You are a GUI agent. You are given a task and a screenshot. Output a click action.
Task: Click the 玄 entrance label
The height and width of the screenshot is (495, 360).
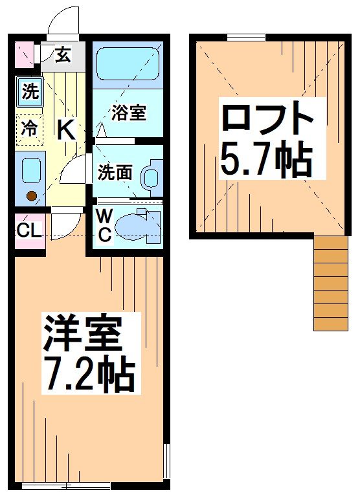tap(62, 55)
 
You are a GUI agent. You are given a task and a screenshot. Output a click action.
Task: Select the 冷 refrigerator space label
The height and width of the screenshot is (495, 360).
tap(30, 128)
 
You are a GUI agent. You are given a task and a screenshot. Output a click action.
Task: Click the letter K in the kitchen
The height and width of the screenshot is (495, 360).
tap(65, 129)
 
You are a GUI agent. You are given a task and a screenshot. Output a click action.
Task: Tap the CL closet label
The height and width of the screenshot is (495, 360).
tap(29, 230)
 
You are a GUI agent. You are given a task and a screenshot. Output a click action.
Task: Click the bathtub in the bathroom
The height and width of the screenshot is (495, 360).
tap(127, 65)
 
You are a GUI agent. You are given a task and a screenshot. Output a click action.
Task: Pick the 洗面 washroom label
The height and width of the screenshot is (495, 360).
tap(115, 172)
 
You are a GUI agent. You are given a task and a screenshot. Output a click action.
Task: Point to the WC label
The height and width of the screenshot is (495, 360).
tap(105, 225)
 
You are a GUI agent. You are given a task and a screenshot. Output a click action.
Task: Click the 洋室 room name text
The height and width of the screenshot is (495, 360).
tap(82, 334)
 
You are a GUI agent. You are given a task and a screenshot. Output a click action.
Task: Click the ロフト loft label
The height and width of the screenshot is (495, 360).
tap(267, 120)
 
